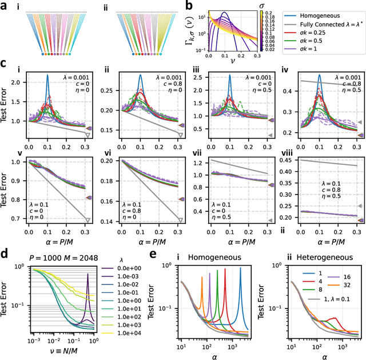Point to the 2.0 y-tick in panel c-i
[x=18, y=82]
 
